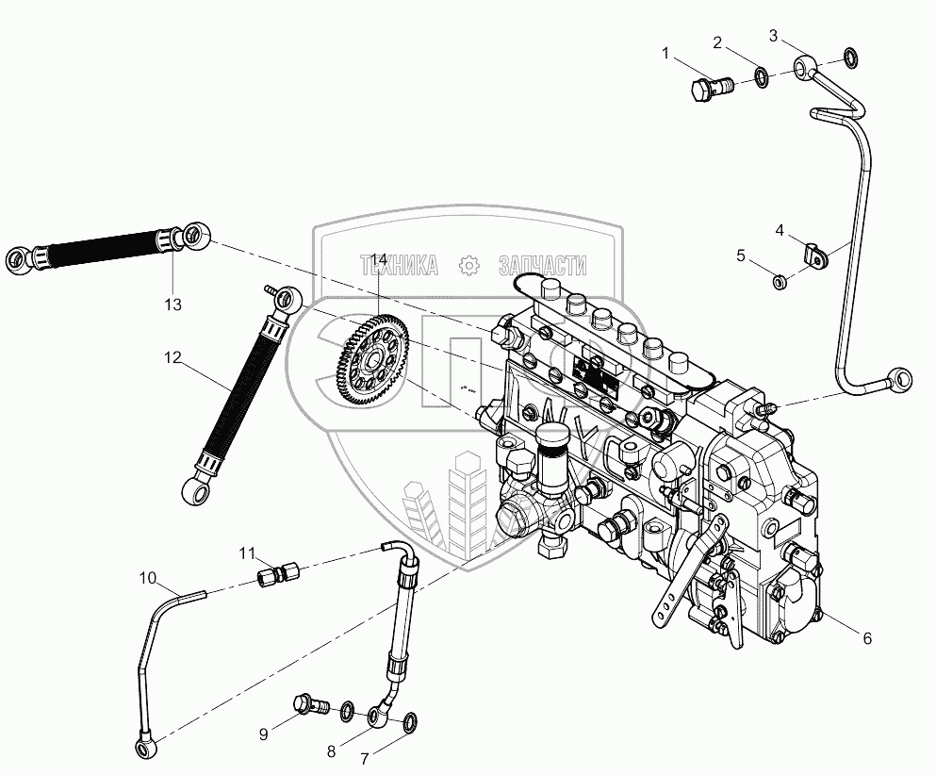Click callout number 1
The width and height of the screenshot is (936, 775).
coord(666,55)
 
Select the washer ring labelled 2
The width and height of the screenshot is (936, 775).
coord(761,75)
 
